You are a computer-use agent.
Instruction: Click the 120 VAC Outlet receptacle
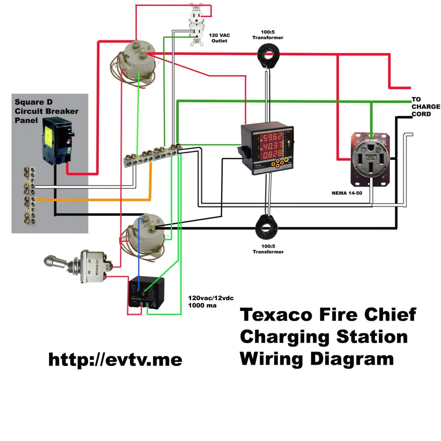pyautogui.click(x=196, y=25)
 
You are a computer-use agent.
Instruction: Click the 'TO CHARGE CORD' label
pyautogui.click(x=425, y=107)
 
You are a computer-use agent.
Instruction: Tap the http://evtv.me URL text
pyautogui.click(x=115, y=359)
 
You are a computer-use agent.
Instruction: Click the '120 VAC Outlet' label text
pyautogui.click(x=219, y=38)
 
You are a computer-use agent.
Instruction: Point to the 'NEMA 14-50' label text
pyautogui.click(x=347, y=193)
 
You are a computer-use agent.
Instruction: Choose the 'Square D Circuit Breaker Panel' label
pyautogui.click(x=46, y=111)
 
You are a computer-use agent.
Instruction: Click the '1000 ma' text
pyautogui.click(x=202, y=305)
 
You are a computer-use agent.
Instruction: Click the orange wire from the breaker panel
pyautogui.click(x=94, y=199)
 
